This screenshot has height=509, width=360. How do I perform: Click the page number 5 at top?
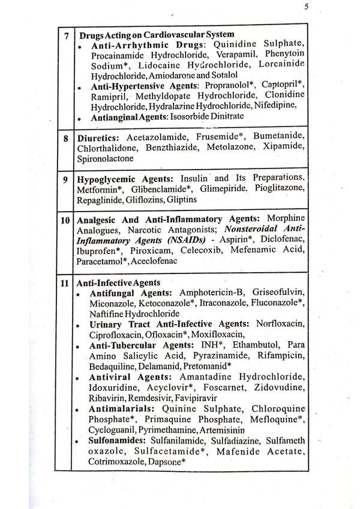(x=306, y=7)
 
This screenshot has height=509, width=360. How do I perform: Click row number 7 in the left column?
(x=67, y=35)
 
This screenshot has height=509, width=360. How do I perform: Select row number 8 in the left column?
(x=67, y=137)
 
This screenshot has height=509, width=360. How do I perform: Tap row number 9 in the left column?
(x=67, y=179)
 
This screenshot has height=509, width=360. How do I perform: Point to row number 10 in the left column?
(x=67, y=220)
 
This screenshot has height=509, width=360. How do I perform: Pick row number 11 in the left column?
(x=67, y=282)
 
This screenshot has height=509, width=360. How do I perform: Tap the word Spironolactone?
(x=105, y=159)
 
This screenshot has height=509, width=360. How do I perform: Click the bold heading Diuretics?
(x=100, y=137)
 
